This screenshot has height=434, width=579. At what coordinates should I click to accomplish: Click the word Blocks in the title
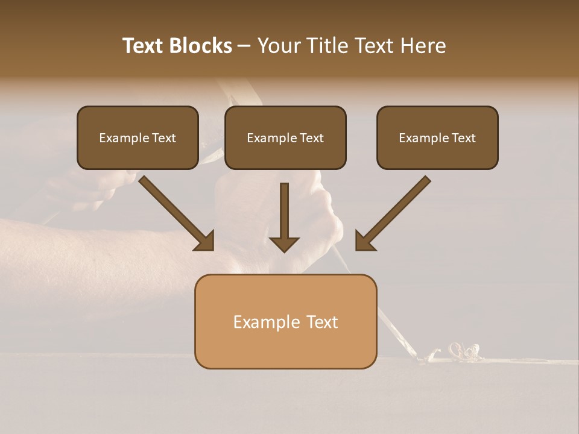pos(200,46)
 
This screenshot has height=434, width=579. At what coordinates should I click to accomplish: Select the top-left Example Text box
pos(138,137)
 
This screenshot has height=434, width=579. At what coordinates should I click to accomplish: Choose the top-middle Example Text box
pos(285,137)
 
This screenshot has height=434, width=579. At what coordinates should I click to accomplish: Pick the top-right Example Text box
pos(437,137)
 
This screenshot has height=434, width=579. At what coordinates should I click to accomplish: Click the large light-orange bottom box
pos(285,321)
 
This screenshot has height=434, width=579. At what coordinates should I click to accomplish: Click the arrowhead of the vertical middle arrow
pos(284,244)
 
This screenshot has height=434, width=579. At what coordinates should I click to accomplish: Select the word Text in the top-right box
pos(463,138)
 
